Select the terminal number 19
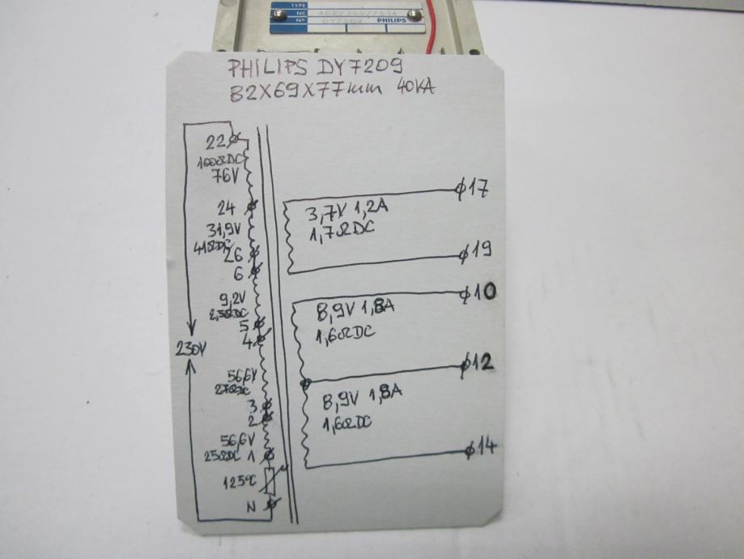[x=478, y=252]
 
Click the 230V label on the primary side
[x=192, y=350]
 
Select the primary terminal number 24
[x=226, y=206]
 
